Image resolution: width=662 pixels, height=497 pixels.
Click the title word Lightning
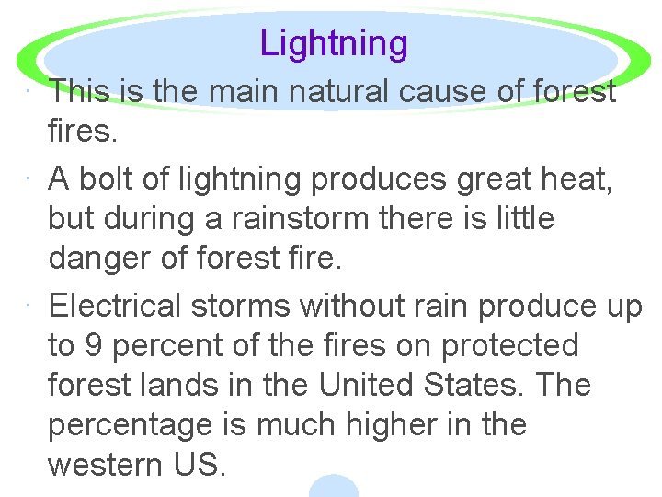[333, 43]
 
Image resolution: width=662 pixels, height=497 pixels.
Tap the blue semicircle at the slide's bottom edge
[333, 487]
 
